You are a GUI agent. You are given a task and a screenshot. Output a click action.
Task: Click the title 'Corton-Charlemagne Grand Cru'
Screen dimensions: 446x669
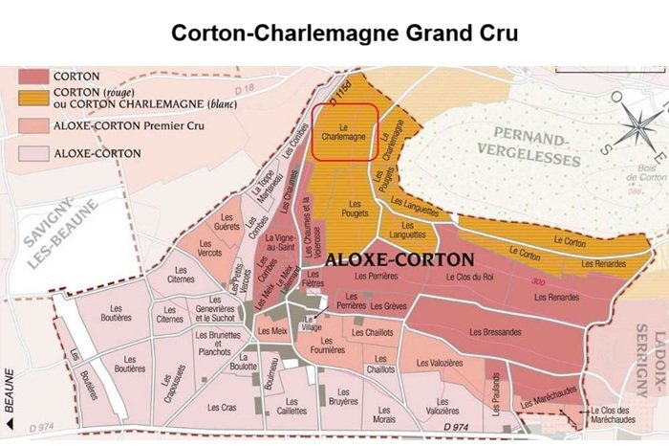344,33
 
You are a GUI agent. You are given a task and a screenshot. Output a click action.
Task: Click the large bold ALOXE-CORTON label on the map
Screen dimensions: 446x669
399,259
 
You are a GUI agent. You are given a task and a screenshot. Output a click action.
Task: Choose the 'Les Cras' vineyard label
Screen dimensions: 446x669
223,407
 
